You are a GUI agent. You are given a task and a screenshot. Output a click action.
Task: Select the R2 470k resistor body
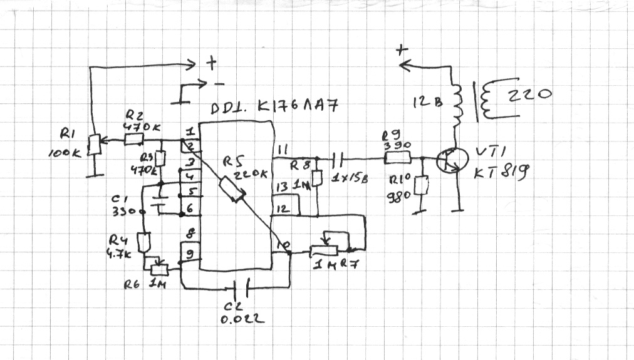(133, 140)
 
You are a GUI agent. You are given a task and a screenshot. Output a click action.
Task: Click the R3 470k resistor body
(160, 159)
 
